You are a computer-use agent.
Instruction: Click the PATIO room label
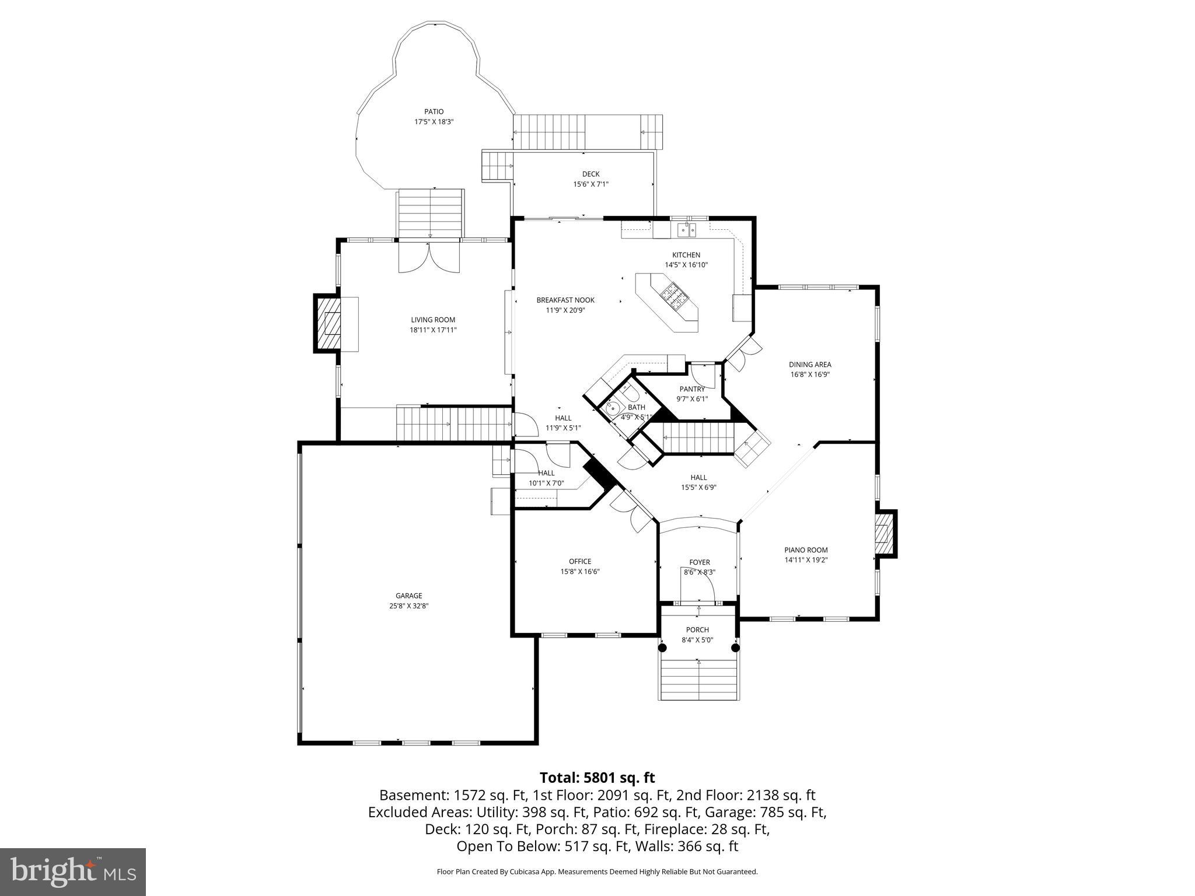pyautogui.click(x=434, y=111)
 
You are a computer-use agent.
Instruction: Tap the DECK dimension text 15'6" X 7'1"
pyautogui.click(x=590, y=184)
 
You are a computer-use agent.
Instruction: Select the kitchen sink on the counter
pyautogui.click(x=687, y=230)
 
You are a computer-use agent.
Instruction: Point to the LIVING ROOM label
pyautogui.click(x=433, y=320)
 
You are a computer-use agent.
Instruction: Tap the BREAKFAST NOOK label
pyautogui.click(x=565, y=300)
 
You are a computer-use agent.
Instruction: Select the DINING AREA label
pyautogui.click(x=810, y=365)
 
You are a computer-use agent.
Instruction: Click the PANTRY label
pyautogui.click(x=692, y=389)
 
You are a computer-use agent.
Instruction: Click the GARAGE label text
pyautogui.click(x=408, y=596)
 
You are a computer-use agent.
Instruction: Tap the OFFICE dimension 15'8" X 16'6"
pyautogui.click(x=580, y=572)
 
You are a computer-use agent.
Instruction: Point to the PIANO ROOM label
pyautogui.click(x=806, y=549)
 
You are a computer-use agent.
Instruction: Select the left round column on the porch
pyautogui.click(x=662, y=647)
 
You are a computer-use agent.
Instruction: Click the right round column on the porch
pyautogui.click(x=735, y=647)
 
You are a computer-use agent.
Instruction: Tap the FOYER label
pyautogui.click(x=699, y=562)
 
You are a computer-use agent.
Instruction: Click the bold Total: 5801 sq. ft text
pyautogui.click(x=597, y=778)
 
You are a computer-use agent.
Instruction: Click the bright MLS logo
pyautogui.click(x=73, y=871)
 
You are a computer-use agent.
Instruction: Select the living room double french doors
pyautogui.click(x=429, y=258)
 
